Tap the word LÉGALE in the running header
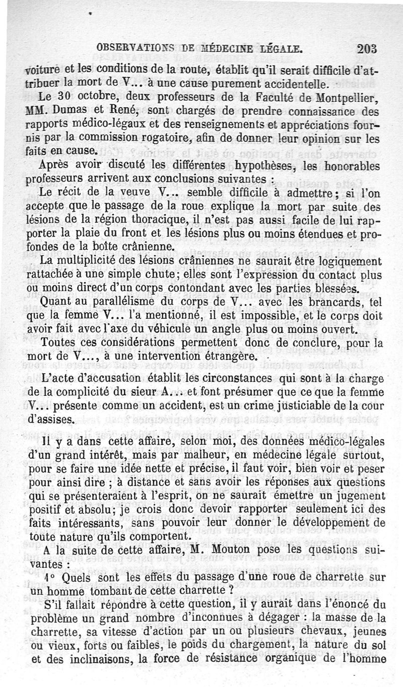tap(279, 49)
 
